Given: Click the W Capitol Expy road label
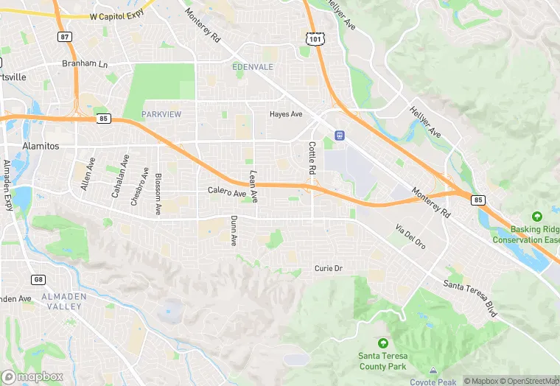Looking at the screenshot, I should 117,15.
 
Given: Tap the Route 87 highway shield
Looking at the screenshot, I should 64,37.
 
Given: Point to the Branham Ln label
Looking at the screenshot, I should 85,64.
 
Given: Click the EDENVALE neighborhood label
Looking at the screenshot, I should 253,67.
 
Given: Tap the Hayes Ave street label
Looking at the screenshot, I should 286,114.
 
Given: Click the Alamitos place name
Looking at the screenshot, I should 41,146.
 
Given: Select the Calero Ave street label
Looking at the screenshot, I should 226,192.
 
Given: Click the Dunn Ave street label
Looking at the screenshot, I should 234,230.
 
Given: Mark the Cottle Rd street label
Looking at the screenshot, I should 312,158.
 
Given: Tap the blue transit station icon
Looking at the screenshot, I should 340,136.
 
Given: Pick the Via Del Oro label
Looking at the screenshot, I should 410,235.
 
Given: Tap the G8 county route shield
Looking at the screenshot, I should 38,279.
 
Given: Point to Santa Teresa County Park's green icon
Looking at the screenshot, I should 382,343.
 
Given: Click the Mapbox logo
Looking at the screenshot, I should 32,376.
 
